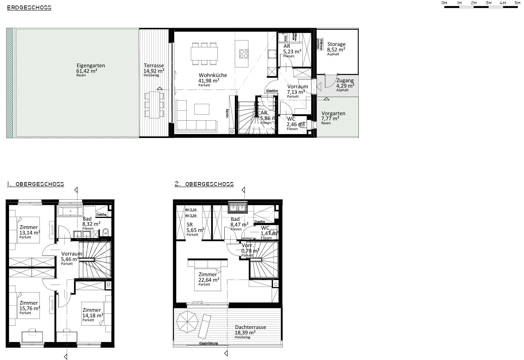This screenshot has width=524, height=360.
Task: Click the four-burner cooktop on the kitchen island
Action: pos(244,53)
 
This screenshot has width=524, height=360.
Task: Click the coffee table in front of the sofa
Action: pos(202,109)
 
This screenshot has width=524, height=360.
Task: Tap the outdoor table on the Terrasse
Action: pos(154,105)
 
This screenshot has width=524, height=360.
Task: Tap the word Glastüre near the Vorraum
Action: pos(272,91)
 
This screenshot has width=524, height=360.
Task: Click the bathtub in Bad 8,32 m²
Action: pos(70,212)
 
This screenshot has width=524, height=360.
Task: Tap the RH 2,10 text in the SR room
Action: pos(191,210)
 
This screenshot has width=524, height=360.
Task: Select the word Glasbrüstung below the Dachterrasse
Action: pos(208,344)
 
